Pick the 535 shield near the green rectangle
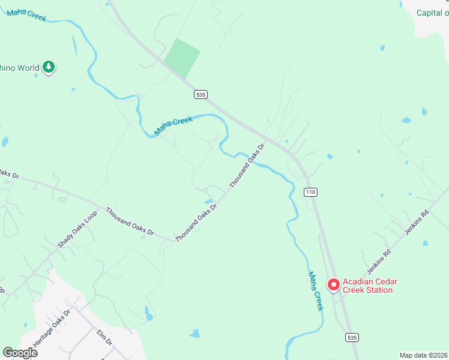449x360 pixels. pyautogui.click(x=200, y=95)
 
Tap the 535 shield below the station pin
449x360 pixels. pyautogui.click(x=352, y=338)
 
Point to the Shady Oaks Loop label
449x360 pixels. pyautogui.click(x=77, y=229)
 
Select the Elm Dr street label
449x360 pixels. pyautogui.click(x=104, y=337)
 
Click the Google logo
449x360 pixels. pyautogui.click(x=20, y=353)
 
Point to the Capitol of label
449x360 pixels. pyautogui.click(x=433, y=13)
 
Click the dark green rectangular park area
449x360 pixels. pyautogui.click(x=182, y=58)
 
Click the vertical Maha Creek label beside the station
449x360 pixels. pyautogui.click(x=316, y=291)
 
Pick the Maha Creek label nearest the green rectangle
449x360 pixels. pyautogui.click(x=174, y=125)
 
